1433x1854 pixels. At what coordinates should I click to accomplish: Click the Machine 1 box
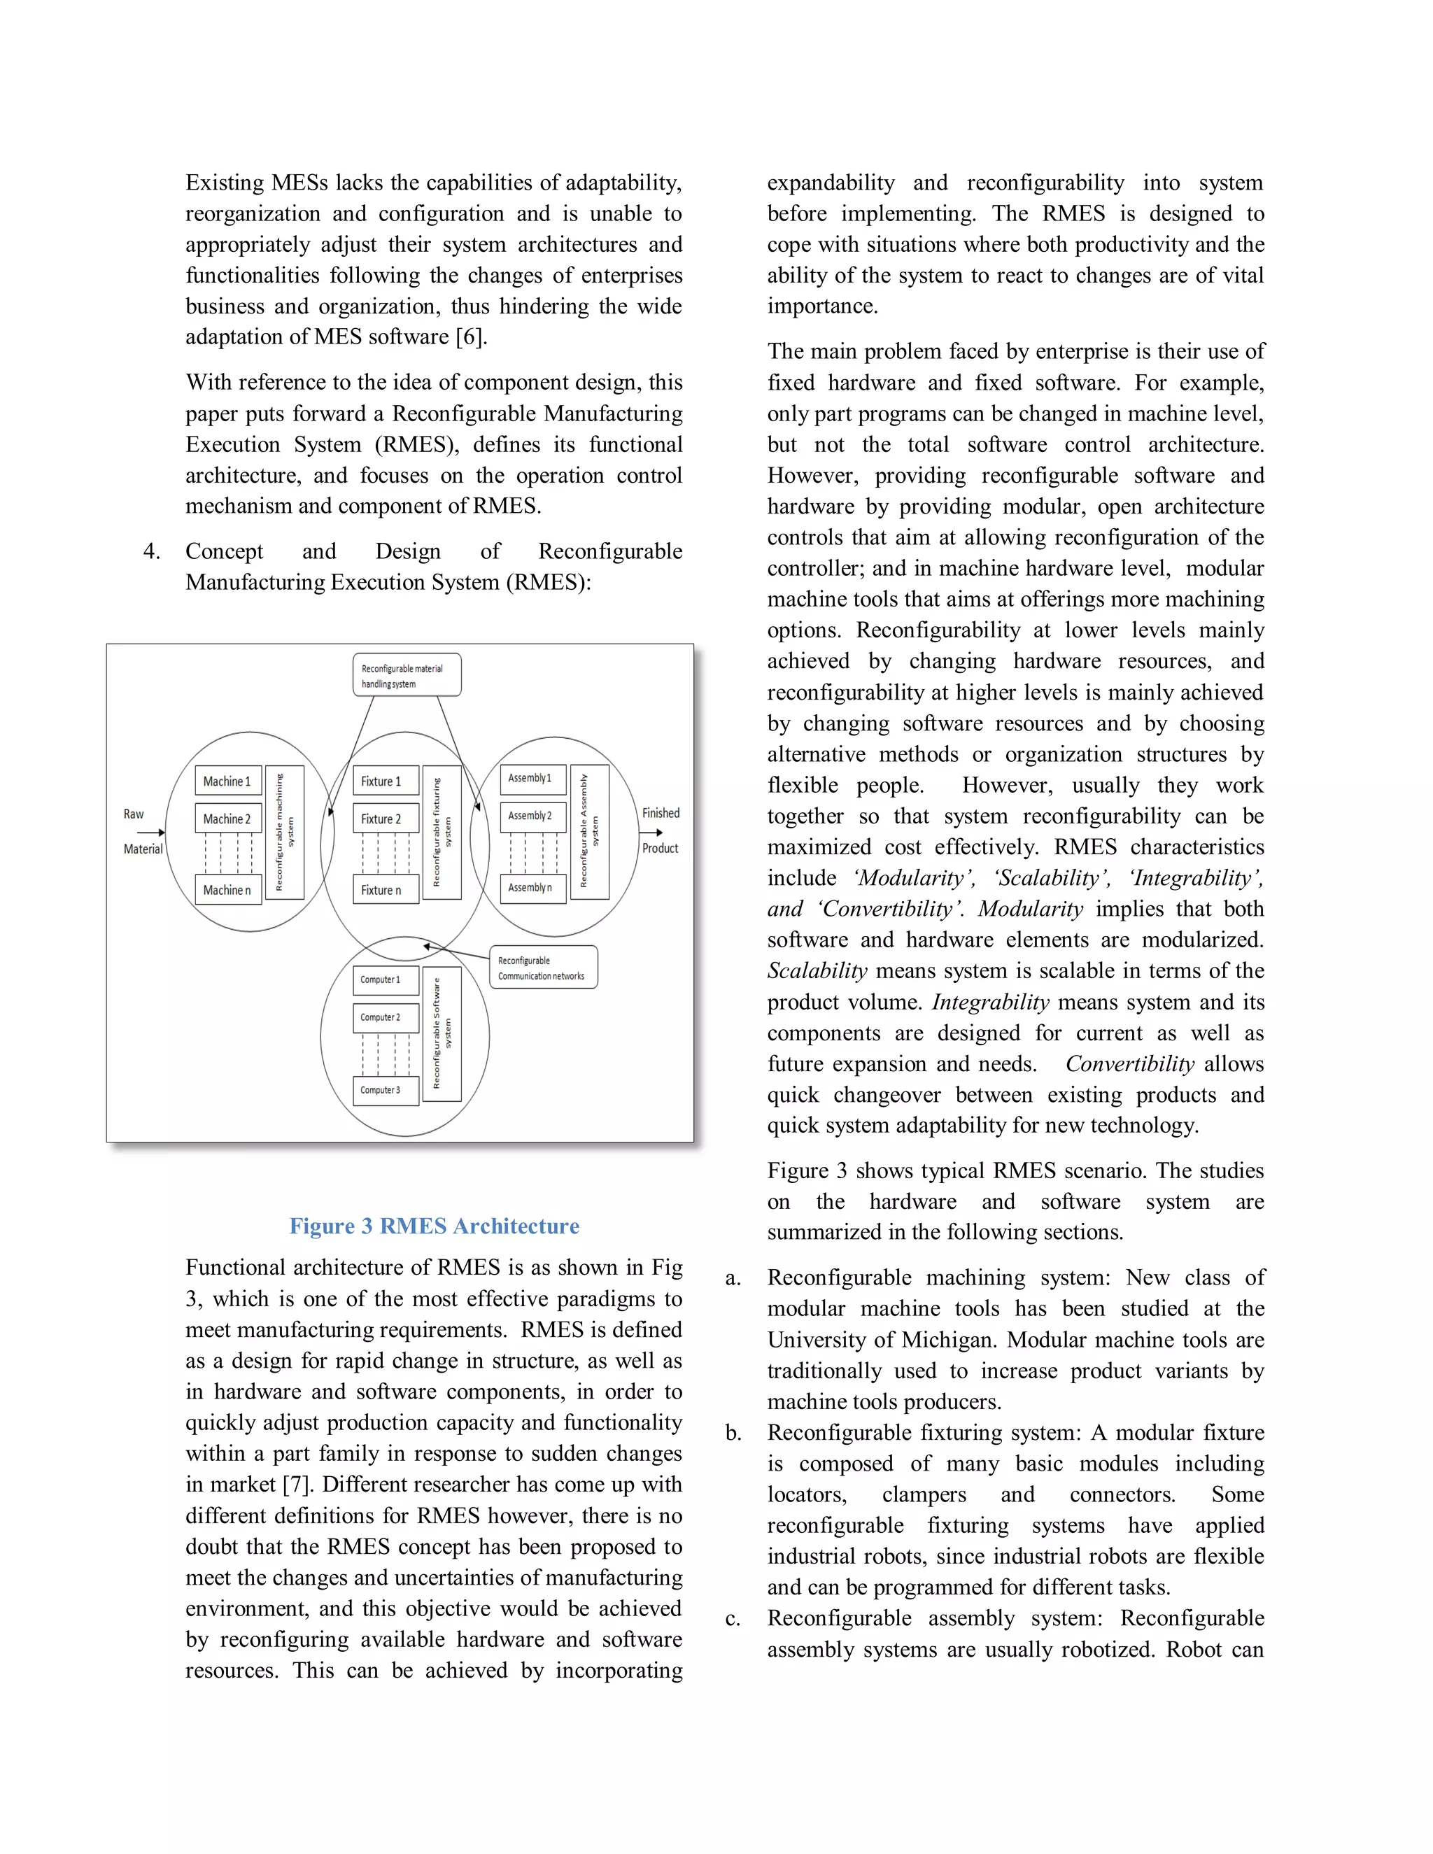[227, 780]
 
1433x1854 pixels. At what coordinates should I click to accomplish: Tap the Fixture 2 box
[386, 819]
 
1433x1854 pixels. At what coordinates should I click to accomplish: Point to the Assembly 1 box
[532, 779]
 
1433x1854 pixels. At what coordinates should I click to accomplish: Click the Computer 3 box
[386, 1090]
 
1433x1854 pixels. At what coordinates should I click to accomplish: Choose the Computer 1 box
[386, 979]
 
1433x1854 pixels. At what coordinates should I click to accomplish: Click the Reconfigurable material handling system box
[407, 675]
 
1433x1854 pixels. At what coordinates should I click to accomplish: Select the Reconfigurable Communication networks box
[543, 968]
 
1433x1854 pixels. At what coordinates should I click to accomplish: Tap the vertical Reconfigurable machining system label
[284, 832]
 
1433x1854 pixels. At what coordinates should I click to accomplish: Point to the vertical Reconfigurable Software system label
[442, 1034]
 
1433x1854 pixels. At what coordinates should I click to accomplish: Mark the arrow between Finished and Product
[651, 832]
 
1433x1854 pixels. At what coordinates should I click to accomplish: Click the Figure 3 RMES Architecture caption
[434, 1226]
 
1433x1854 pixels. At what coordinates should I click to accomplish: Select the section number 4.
[151, 552]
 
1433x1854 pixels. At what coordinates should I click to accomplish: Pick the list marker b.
[733, 1434]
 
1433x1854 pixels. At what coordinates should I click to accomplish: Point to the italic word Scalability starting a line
[817, 971]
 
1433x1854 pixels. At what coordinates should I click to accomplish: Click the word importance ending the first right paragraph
[821, 306]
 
